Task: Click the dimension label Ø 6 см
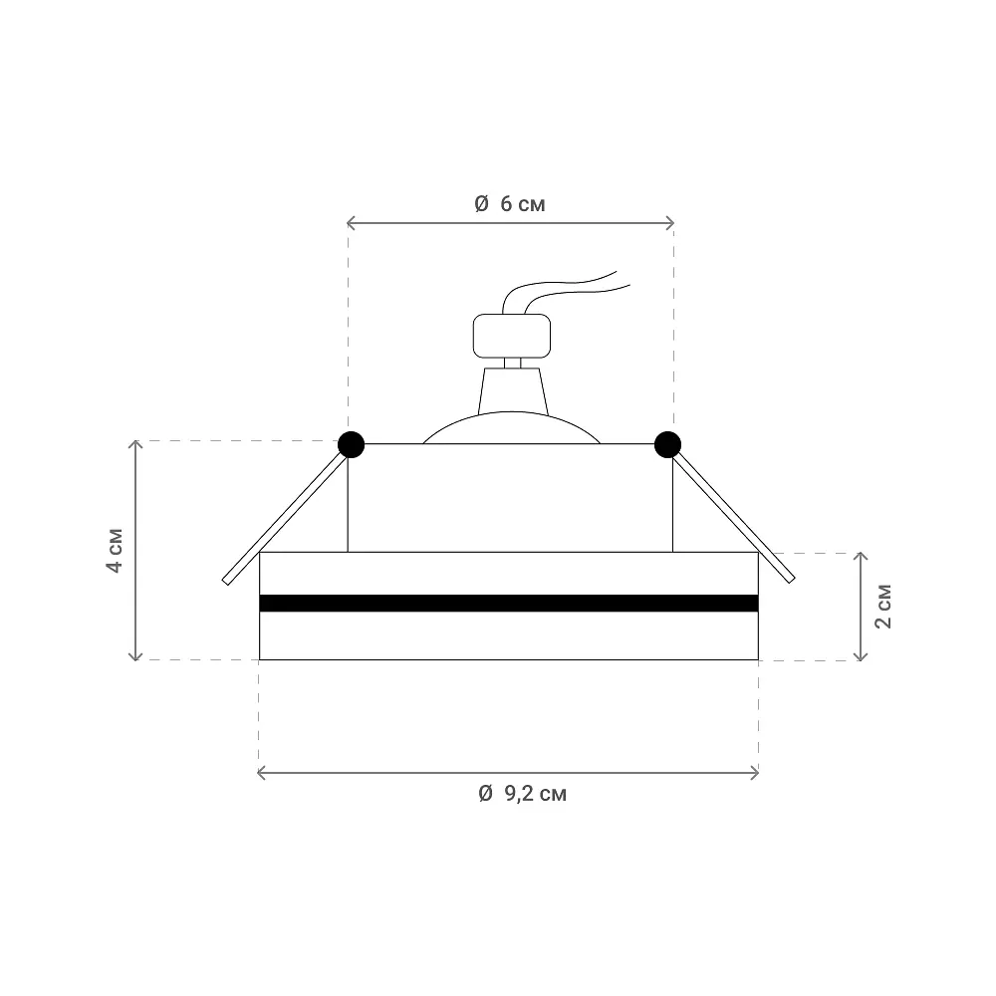click(x=509, y=204)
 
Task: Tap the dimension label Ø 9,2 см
click(x=522, y=794)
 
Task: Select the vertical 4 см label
click(x=115, y=550)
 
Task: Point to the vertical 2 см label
click(x=882, y=607)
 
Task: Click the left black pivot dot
click(x=351, y=444)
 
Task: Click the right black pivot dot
click(x=667, y=444)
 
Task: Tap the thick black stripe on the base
click(x=509, y=603)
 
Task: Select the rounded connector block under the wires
click(x=512, y=336)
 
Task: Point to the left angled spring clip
click(x=285, y=518)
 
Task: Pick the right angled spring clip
click(x=733, y=518)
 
